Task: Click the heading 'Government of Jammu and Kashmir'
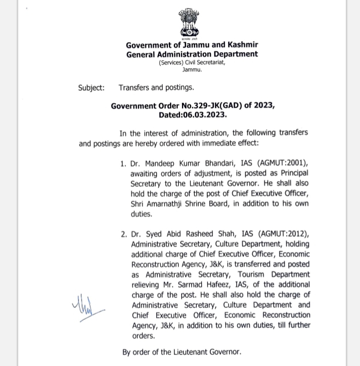[192, 45]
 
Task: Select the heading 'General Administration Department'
[192, 54]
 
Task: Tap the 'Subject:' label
[92, 88]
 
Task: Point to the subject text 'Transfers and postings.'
[156, 88]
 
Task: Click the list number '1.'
[123, 164]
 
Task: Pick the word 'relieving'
[148, 285]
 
